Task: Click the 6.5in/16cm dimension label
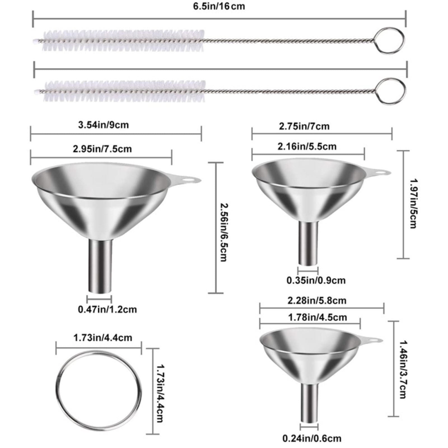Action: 219,6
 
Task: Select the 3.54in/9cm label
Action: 103,125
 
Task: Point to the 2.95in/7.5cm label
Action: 102,149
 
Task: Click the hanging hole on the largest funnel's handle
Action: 190,178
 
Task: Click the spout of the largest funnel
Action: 101,266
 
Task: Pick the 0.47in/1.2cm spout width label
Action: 107,309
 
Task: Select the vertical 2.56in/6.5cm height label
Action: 223,232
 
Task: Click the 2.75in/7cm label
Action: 304,126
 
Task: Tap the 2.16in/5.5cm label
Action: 307,146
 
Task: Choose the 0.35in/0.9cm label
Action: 316,280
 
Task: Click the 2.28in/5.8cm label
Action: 317,300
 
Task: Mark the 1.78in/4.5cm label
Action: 318,317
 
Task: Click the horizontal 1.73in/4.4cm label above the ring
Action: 103,338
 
